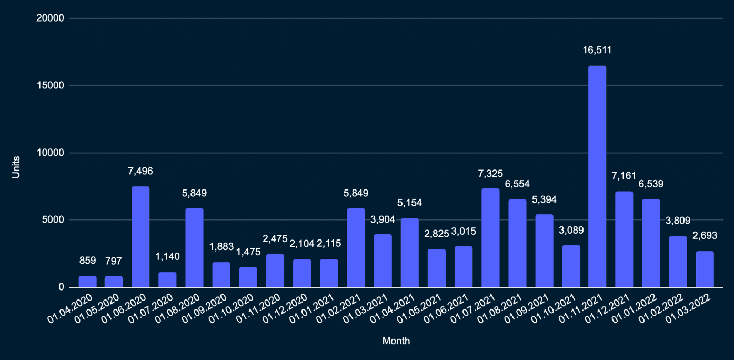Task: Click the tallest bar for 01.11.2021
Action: point(597,176)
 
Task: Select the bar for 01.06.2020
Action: point(140,237)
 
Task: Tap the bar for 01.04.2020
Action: point(87,282)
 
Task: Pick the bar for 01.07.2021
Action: point(490,238)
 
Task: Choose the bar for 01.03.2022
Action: point(705,269)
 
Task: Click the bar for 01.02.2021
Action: point(356,248)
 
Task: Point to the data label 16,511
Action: point(597,51)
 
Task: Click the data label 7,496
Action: point(140,171)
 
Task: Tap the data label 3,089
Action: point(571,229)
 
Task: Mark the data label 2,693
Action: point(705,235)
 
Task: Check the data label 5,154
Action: point(409,203)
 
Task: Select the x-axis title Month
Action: point(396,341)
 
